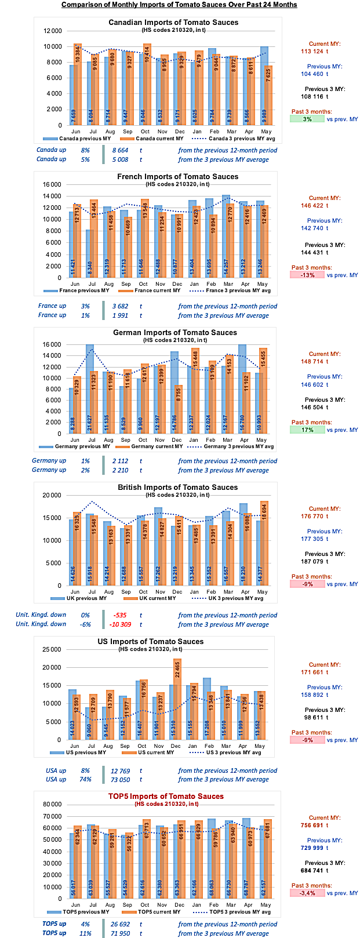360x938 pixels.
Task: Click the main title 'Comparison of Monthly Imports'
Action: [179, 5]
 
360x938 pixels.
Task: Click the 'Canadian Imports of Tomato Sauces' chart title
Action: [173, 23]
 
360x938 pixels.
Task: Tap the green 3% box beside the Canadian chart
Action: [307, 119]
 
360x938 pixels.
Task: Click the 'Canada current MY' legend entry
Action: [155, 139]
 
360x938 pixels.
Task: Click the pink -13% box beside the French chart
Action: [307, 275]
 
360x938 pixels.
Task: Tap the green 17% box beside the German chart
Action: [307, 430]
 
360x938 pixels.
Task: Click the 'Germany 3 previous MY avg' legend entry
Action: [234, 446]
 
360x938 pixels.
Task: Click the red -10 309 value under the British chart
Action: [121, 624]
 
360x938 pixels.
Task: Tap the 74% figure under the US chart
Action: [85, 780]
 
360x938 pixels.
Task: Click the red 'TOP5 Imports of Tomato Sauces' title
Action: [166, 796]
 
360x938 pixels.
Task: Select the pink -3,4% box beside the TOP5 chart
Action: [307, 893]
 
